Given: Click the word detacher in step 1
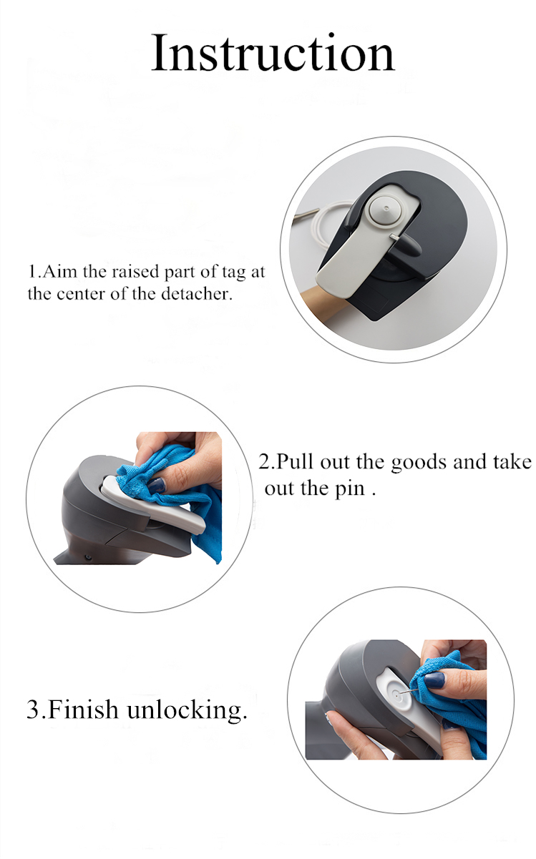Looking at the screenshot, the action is click(197, 294).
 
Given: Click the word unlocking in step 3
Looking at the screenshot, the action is click(187, 710).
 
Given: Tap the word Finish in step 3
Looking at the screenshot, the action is click(83, 709).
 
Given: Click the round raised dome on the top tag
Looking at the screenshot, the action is click(386, 210).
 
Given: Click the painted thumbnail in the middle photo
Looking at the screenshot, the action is click(157, 486).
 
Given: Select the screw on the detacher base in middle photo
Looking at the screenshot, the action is click(89, 558).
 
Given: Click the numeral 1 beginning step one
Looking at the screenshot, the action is click(33, 272).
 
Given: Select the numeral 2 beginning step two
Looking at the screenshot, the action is click(264, 462).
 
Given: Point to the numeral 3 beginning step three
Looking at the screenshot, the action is click(33, 710).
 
